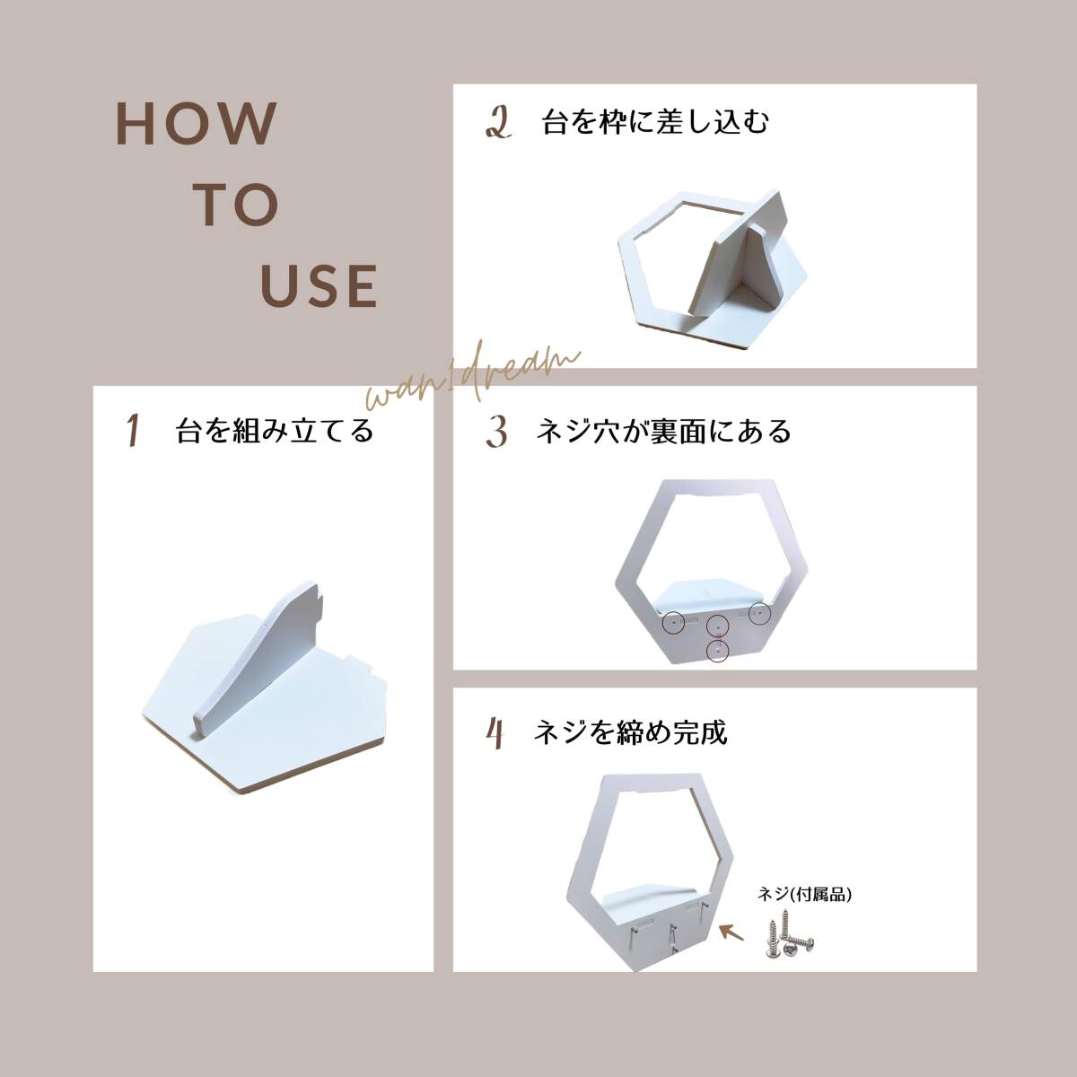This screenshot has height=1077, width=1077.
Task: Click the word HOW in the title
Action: pos(197,124)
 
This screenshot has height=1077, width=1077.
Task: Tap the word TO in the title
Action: pos(236,206)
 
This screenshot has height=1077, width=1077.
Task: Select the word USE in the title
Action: pos(320,286)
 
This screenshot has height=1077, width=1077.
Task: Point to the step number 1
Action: pos(133,431)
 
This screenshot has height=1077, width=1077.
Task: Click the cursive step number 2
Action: pos(498,124)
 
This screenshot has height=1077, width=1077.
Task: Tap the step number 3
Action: pos(496,432)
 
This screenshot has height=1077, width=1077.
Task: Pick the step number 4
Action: pos(495,733)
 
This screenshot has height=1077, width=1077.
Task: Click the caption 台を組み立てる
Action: pos(275,431)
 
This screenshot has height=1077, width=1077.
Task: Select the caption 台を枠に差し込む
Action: pos(655,122)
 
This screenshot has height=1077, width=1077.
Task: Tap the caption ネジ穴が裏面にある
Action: pos(663,431)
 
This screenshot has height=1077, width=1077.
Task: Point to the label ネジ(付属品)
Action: pos(804,894)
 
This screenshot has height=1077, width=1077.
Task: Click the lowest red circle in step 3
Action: pos(717,650)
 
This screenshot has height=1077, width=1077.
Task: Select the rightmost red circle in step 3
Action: pos(759,613)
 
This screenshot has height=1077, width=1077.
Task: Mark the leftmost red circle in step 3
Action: pos(673,622)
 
